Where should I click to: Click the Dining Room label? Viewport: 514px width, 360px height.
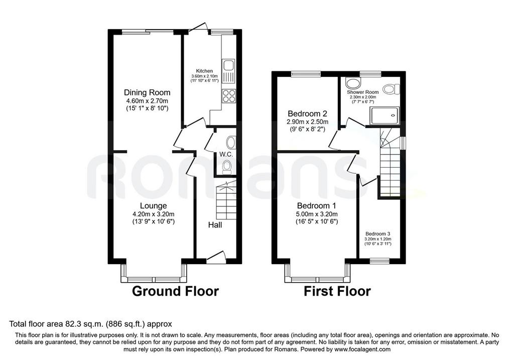(x=147, y=92)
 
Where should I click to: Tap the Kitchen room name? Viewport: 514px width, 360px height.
(x=204, y=71)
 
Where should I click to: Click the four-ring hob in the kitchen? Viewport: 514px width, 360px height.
(x=228, y=96)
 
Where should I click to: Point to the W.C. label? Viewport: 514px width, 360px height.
(x=226, y=154)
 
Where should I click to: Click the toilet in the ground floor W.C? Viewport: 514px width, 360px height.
(x=226, y=168)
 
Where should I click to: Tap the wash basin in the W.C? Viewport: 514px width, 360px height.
(x=231, y=143)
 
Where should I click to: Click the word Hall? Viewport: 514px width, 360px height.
(x=215, y=225)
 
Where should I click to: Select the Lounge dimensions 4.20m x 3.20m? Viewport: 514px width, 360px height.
(x=154, y=214)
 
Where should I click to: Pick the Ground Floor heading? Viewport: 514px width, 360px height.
(x=175, y=291)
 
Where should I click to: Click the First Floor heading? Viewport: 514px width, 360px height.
(x=337, y=291)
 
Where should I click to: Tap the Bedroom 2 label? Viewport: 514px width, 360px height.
(x=308, y=114)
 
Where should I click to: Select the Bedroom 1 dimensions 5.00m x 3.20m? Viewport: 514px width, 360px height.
(x=317, y=214)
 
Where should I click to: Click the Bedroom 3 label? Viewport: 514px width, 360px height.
(x=378, y=234)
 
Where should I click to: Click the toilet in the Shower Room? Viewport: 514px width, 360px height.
(x=392, y=89)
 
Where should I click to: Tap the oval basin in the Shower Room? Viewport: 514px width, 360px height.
(x=352, y=83)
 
